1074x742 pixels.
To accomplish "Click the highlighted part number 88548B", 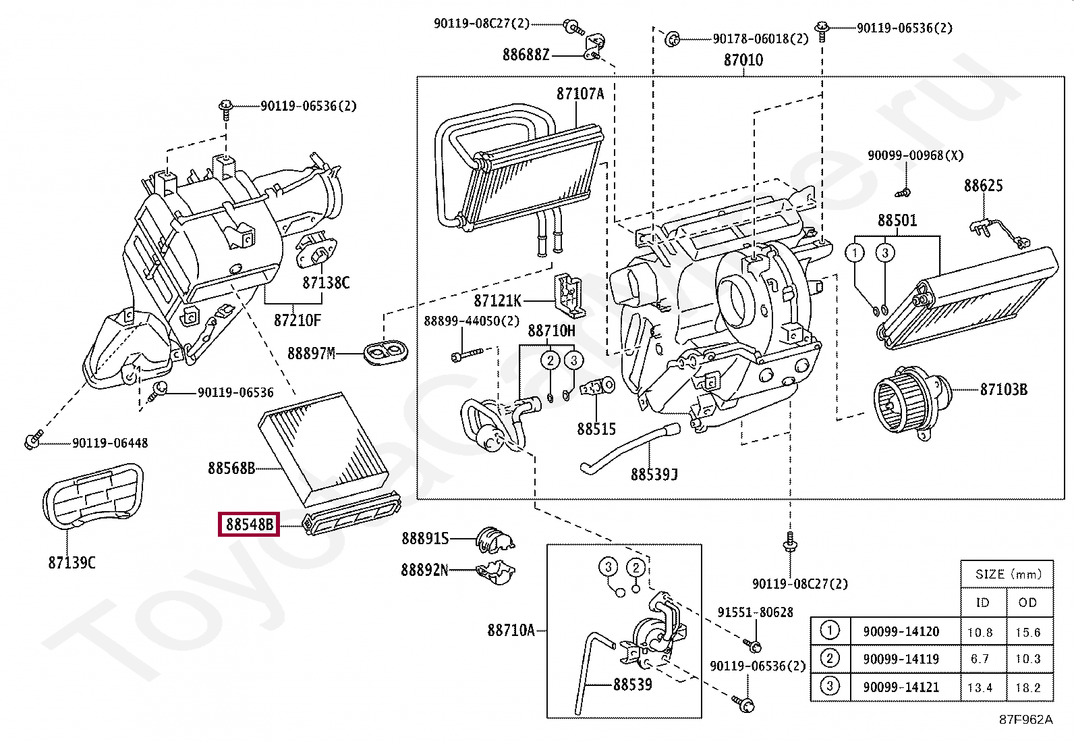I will coord(249,524).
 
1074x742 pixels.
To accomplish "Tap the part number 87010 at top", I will coord(743,60).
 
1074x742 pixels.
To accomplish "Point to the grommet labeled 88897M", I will coord(386,352).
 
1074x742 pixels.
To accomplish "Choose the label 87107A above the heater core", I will coord(580,94).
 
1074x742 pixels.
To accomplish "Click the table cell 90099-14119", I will coord(901,659).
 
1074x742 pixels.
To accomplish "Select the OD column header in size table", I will coord(1027,602).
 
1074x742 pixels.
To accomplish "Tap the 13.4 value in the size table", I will coord(980,687).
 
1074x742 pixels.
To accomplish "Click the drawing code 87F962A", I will coord(1025,719).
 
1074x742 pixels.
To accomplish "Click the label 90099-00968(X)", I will coord(915,155).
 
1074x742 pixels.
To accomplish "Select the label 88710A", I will coord(511,630).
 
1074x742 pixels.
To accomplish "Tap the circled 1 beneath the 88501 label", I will coord(854,253).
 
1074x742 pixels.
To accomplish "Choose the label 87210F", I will coord(297,320).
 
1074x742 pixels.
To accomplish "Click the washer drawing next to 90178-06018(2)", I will coord(671,39).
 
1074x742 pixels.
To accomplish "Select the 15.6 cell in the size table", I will coord(1027,632).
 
